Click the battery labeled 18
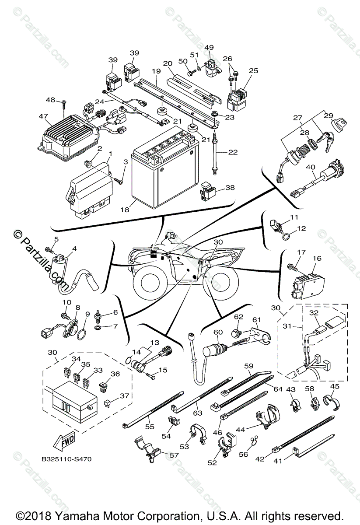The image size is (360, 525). [165, 168]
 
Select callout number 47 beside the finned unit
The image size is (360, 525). [44, 116]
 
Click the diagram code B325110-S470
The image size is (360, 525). [66, 458]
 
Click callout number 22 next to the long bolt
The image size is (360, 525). [233, 152]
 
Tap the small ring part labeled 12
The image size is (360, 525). [286, 237]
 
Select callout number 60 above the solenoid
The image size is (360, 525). [218, 332]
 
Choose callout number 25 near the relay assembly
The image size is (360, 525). [253, 70]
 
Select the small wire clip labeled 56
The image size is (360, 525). [253, 440]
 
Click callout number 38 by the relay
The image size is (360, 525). [230, 188]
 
